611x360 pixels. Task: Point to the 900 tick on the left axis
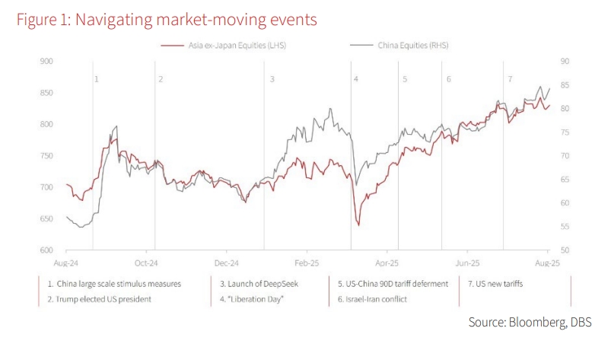click(46, 61)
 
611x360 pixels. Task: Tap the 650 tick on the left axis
click(46, 218)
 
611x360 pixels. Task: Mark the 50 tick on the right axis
click(565, 250)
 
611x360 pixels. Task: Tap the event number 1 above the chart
click(97, 79)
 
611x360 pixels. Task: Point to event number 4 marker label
click(355, 79)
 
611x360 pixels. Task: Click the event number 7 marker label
click(510, 79)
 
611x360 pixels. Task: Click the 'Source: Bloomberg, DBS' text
click(529, 323)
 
